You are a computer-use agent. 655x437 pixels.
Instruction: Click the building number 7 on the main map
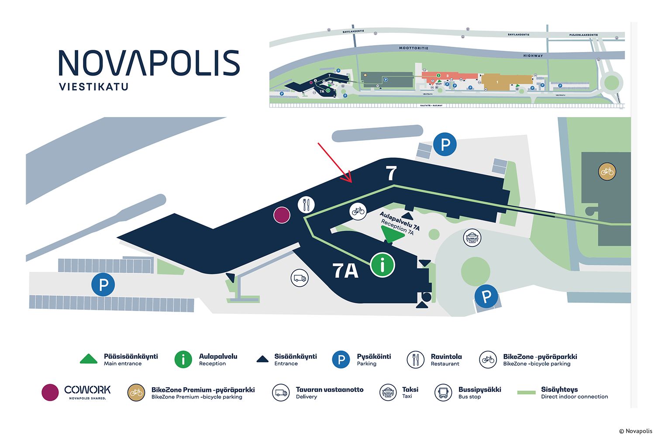[391, 173]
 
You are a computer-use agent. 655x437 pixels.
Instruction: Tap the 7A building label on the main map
[345, 271]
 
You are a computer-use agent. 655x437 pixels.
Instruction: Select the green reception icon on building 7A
[383, 264]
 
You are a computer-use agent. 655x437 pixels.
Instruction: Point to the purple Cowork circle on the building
[282, 215]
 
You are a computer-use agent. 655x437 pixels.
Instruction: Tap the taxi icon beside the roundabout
[472, 238]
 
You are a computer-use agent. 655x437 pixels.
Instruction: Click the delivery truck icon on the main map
[300, 278]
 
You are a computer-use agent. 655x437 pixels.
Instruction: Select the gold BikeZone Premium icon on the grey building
[607, 172]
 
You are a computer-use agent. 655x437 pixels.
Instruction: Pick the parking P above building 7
[445, 145]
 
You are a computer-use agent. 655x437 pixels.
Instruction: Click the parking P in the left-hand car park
[103, 285]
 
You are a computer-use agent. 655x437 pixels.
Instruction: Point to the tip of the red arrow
[351, 181]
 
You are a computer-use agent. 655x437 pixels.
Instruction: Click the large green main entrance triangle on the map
[393, 235]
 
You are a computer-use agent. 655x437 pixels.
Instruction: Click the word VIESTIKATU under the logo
[94, 87]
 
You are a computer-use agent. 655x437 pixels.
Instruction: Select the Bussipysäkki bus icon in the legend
[443, 392]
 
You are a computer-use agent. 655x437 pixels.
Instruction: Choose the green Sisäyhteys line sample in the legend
[526, 392]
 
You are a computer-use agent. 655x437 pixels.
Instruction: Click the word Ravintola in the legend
[446, 357]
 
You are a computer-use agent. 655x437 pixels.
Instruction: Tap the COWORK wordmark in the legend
[87, 390]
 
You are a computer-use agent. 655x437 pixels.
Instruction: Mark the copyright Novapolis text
[635, 431]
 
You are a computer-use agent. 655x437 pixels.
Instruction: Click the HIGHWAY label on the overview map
[533, 56]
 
